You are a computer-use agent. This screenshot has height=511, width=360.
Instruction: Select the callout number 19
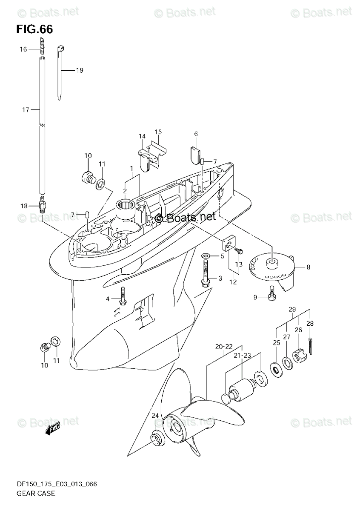tap(79, 70)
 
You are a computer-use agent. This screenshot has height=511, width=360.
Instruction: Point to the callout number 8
tap(308, 267)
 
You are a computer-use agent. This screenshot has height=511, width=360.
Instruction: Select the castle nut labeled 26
tap(299, 355)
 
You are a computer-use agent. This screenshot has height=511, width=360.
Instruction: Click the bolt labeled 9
tap(271, 294)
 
